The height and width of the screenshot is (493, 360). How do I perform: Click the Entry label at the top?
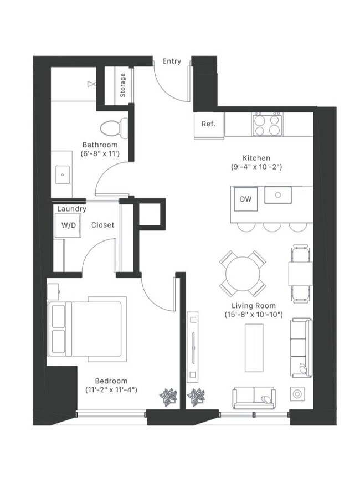pyautogui.click(x=171, y=61)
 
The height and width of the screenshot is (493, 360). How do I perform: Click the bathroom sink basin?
pyautogui.click(x=63, y=174)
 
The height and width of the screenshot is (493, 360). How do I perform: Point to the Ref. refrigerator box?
pyautogui.click(x=208, y=124)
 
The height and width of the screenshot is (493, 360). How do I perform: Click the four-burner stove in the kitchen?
pyautogui.click(x=266, y=125)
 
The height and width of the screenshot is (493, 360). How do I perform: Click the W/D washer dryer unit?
pyautogui.click(x=69, y=225)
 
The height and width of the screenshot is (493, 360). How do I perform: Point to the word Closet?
pyautogui.click(x=102, y=225)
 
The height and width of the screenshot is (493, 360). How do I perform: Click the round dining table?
pyautogui.click(x=243, y=274)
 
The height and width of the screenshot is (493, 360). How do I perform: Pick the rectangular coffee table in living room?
pyautogui.click(x=255, y=348)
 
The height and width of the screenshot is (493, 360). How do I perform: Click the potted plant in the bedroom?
pyautogui.click(x=168, y=397)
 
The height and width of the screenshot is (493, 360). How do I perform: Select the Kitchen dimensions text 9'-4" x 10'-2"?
pyautogui.click(x=256, y=166)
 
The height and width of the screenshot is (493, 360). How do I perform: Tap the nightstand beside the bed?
pyautogui.click(x=53, y=291)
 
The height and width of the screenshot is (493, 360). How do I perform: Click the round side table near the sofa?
pyautogui.click(x=297, y=394)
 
